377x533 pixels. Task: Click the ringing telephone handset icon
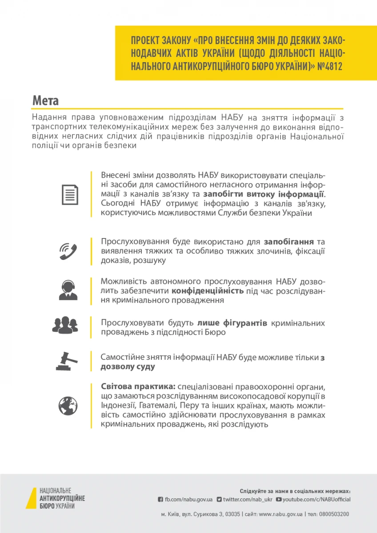tap(68, 251)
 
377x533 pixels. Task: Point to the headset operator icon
tap(68, 290)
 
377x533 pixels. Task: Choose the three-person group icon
tap(65, 325)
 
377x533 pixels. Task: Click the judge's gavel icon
tap(67, 360)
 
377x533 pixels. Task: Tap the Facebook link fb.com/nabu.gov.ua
tap(188, 499)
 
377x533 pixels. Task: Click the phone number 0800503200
tap(334, 514)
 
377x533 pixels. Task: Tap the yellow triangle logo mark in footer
tap(33, 499)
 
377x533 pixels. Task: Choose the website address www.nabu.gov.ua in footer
tap(280, 514)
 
